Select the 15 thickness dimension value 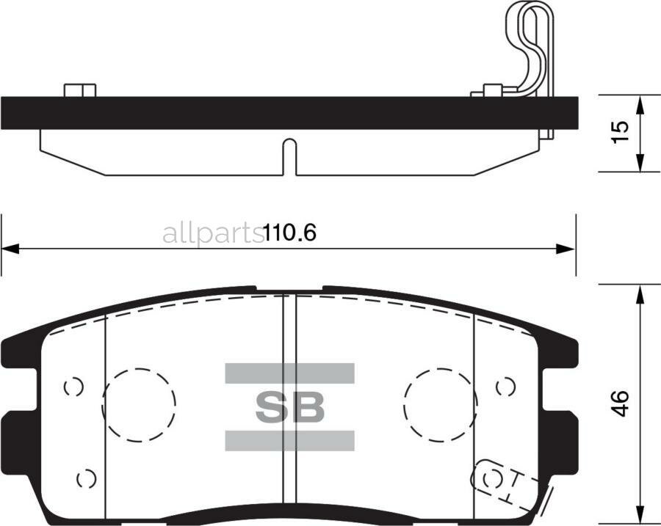[x=621, y=132]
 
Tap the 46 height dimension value [x=621, y=404]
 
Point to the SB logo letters [x=289, y=407]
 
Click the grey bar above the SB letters [x=289, y=373]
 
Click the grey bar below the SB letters [x=289, y=440]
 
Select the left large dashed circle [x=139, y=404]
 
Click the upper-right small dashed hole [x=505, y=387]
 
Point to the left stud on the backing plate [x=80, y=90]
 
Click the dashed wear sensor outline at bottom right [x=496, y=481]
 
